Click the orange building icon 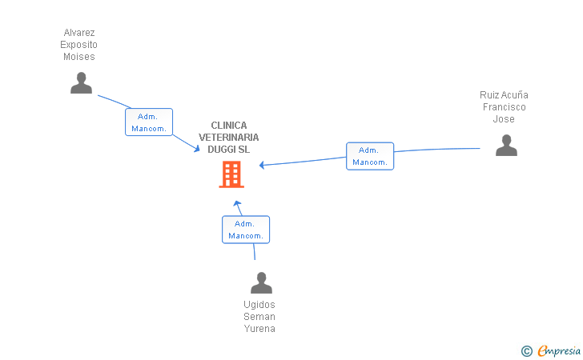click(x=231, y=174)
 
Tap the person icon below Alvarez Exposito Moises click(x=81, y=83)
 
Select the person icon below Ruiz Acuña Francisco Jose click(x=506, y=146)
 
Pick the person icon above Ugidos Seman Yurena click(x=261, y=282)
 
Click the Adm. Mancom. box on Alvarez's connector click(x=149, y=122)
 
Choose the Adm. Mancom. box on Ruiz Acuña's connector click(x=370, y=156)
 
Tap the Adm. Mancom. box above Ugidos click(x=246, y=230)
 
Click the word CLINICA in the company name click(x=229, y=126)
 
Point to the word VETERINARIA click(x=229, y=138)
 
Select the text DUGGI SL click(x=229, y=150)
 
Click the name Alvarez click(x=79, y=33)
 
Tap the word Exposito click(x=78, y=45)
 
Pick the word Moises click(x=79, y=57)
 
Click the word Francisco click(x=505, y=107)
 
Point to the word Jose click(x=504, y=119)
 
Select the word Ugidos click(x=259, y=305)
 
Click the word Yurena click(x=259, y=329)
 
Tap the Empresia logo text click(x=559, y=351)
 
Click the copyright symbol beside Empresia click(x=527, y=351)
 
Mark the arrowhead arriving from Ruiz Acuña click(x=262, y=165)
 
